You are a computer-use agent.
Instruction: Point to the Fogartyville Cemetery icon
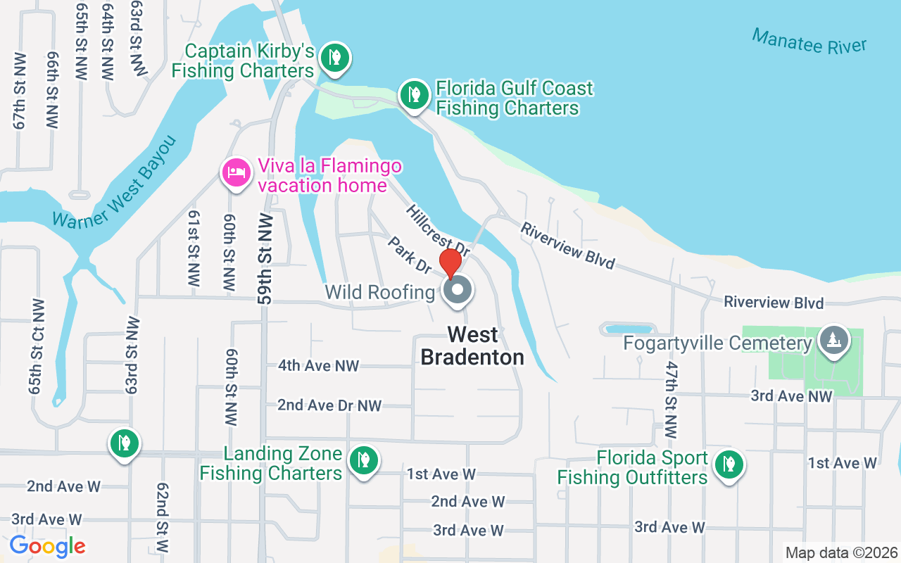pyautogui.click(x=834, y=341)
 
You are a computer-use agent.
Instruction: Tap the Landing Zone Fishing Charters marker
pyautogui.click(x=364, y=461)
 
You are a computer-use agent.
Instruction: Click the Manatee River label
pyautogui.click(x=809, y=41)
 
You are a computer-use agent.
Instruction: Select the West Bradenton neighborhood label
pyautogui.click(x=472, y=346)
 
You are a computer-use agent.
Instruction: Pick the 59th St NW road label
pyautogui.click(x=265, y=258)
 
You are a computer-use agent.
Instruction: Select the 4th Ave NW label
pyautogui.click(x=318, y=365)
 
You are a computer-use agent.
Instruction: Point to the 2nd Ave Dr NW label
pyautogui.click(x=329, y=405)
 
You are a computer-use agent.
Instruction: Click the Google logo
pyautogui.click(x=47, y=546)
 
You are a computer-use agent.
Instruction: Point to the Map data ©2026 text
pyautogui.click(x=842, y=553)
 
